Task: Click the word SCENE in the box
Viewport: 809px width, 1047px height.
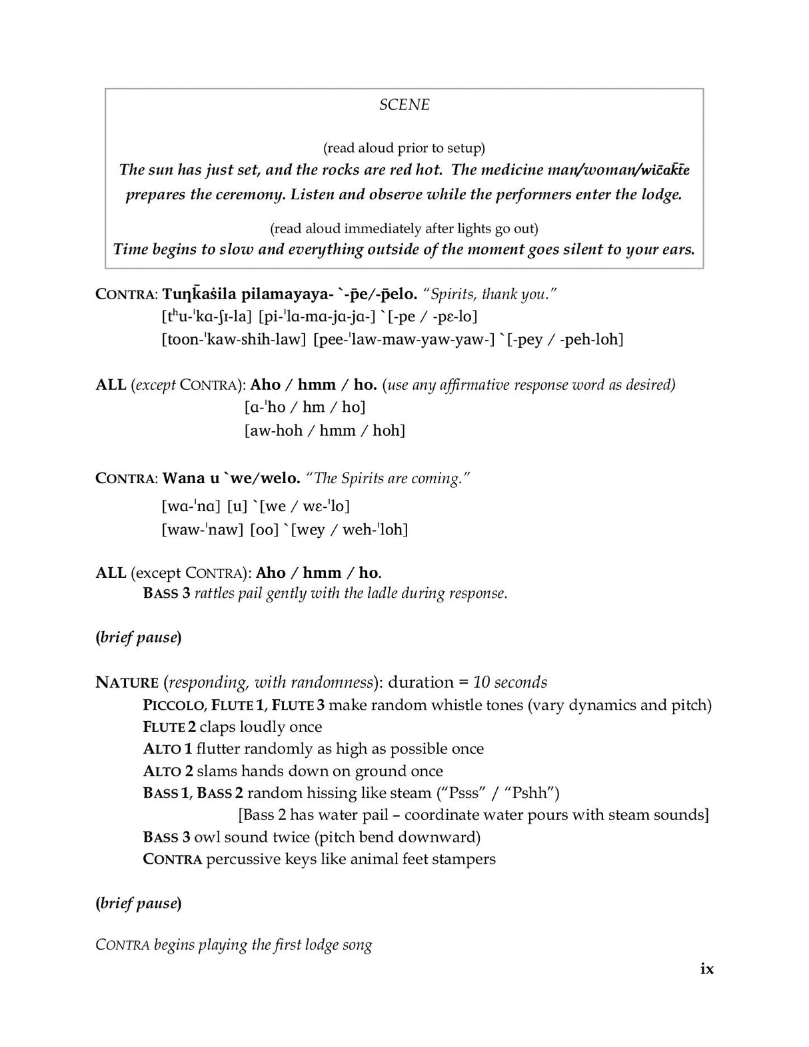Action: tap(404, 105)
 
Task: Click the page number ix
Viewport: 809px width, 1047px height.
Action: tap(707, 968)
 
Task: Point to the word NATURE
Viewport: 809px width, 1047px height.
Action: tap(127, 682)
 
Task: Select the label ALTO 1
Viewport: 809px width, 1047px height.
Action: tap(167, 749)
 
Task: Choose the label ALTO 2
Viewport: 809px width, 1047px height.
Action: tap(168, 771)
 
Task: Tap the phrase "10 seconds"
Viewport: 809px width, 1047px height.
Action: tap(510, 682)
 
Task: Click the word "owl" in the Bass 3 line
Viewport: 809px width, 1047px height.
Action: tap(207, 837)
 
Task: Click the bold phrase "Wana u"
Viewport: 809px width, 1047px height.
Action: tap(191, 479)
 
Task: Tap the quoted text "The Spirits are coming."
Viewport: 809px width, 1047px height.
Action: tap(388, 479)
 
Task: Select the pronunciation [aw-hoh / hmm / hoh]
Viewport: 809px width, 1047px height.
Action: tap(325, 431)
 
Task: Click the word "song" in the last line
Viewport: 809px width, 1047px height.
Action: tap(357, 945)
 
